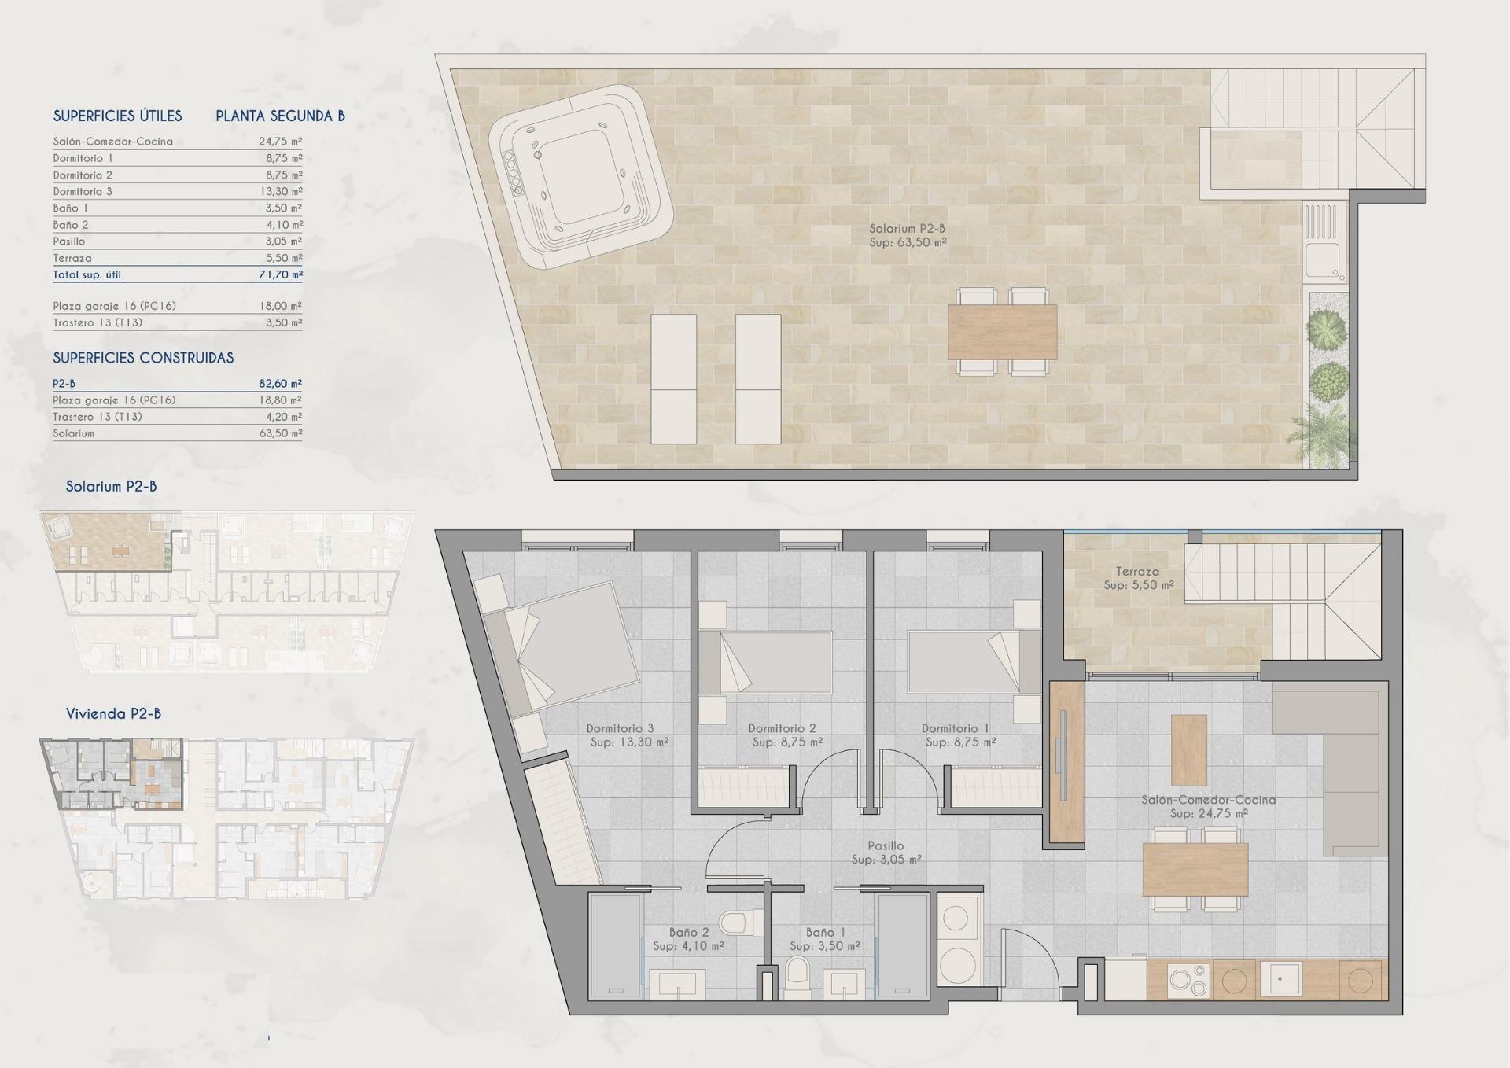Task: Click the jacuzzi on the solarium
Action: point(580,177)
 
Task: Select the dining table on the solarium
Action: point(1002,332)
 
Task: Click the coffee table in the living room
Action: point(1188,749)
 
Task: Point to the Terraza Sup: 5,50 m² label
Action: point(1138,579)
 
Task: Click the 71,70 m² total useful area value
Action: point(280,274)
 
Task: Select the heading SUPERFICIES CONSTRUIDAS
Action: point(143,358)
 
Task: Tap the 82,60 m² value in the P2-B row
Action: point(280,384)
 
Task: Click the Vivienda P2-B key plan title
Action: point(113,714)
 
